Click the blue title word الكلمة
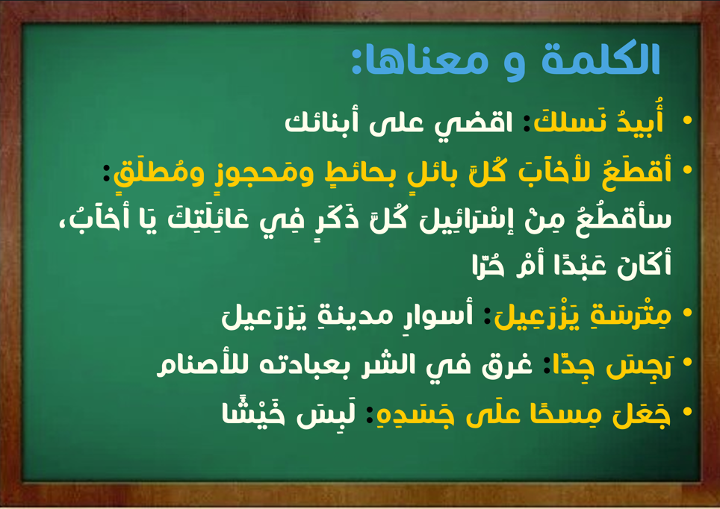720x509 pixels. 600,59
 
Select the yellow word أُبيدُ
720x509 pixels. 640,119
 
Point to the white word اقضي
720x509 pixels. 474,124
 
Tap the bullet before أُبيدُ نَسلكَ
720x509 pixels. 687,120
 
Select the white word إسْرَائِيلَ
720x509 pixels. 468,219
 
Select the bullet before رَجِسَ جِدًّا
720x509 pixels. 687,362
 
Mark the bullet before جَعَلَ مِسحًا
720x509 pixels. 687,412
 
